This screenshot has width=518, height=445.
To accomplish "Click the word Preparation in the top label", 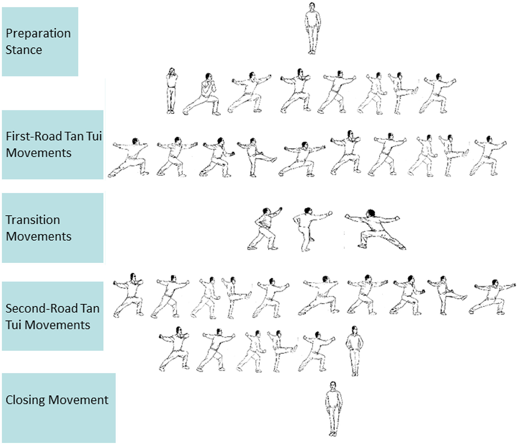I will pos(38,34).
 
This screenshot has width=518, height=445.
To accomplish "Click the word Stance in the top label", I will pos(23,50).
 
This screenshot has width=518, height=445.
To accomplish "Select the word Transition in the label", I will pos(32,220).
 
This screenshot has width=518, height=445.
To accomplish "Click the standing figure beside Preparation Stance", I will pos(312,28).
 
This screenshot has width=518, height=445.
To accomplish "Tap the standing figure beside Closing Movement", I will pos(333,409).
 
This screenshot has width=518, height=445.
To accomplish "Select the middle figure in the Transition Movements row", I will pos(310,229).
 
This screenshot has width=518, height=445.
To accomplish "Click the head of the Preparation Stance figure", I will pos(312,6).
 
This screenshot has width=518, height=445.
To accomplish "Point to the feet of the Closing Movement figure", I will pos(333,433).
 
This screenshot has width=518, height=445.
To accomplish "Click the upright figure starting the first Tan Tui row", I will pos(171,91).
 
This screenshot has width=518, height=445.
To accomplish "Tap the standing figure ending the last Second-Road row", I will pos(354,351).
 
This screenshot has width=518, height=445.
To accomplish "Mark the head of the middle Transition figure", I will pos(308,211).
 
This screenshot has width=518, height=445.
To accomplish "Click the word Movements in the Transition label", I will pos(39,236).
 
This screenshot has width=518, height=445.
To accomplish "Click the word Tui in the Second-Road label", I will pos(13,325).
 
